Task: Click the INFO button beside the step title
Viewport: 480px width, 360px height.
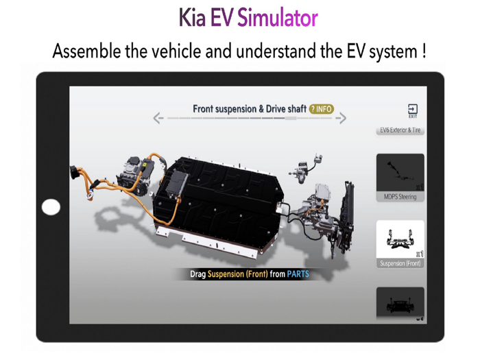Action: (x=322, y=109)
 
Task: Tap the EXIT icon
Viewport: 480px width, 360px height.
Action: (x=412, y=110)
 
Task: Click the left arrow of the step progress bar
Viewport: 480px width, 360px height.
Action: (x=158, y=119)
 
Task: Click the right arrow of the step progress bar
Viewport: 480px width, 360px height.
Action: (x=341, y=119)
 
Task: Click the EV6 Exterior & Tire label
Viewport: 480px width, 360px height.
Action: (x=400, y=130)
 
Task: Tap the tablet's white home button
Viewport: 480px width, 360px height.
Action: (x=51, y=206)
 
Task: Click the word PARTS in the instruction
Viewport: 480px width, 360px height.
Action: (x=298, y=274)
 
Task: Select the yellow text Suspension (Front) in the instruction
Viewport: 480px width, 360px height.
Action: (x=237, y=274)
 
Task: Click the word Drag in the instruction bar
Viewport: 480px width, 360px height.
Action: (x=198, y=274)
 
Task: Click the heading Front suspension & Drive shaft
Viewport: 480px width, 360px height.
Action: (x=249, y=109)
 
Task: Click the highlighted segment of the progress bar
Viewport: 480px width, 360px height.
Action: (x=291, y=119)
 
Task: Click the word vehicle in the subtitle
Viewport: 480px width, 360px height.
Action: (x=187, y=51)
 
